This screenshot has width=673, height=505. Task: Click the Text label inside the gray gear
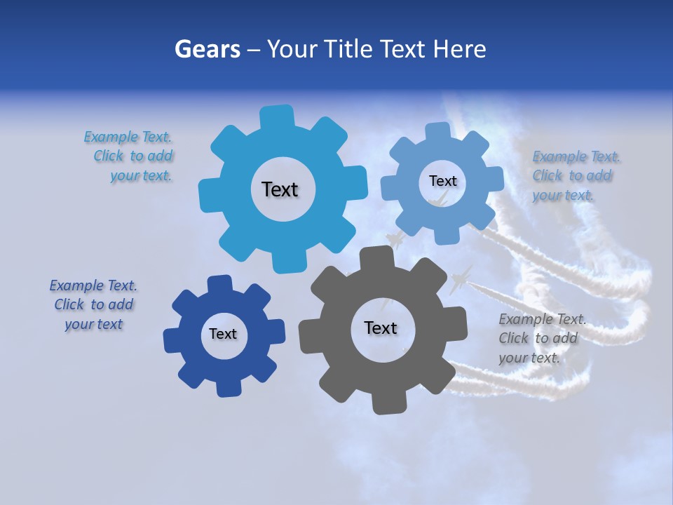(381, 328)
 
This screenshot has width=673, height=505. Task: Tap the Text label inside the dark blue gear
(223, 334)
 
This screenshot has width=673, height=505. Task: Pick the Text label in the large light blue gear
(280, 189)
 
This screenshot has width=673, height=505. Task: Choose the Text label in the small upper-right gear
(442, 181)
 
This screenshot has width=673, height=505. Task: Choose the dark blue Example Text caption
(94, 304)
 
